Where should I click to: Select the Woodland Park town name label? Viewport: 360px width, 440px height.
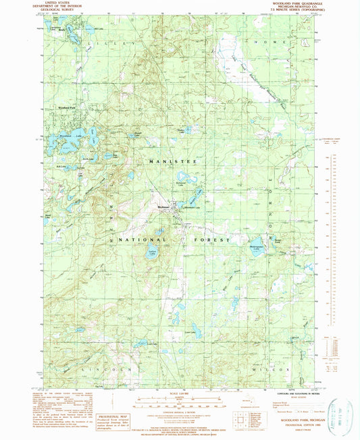pos(69,107)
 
